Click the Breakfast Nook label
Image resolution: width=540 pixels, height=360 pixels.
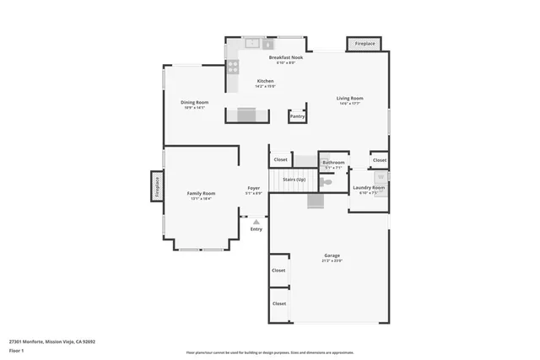pos(286,58)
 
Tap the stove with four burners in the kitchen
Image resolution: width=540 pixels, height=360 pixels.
pos(232,66)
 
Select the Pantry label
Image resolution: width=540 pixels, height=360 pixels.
pos(297,116)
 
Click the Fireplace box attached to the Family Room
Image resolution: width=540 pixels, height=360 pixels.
pos(157,186)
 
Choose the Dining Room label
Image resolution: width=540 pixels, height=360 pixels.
pos(194,102)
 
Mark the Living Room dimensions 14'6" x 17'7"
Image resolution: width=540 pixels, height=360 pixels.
pos(350,104)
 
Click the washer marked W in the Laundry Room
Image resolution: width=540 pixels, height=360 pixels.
pos(381,176)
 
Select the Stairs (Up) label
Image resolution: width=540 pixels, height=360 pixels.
pos(294,179)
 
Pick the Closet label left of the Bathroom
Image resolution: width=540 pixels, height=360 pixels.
pos(280,159)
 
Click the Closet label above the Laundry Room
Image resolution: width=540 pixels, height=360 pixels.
pos(380,159)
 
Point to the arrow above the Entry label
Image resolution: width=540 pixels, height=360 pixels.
pos(256,222)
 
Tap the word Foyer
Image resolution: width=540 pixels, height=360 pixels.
pos(253,188)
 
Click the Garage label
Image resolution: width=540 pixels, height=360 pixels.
pos(332,255)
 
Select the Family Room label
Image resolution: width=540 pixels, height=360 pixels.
pos(201,193)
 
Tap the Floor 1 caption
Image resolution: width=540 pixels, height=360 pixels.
pos(16,350)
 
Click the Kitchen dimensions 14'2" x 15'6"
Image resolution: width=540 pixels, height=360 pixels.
pos(266,86)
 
